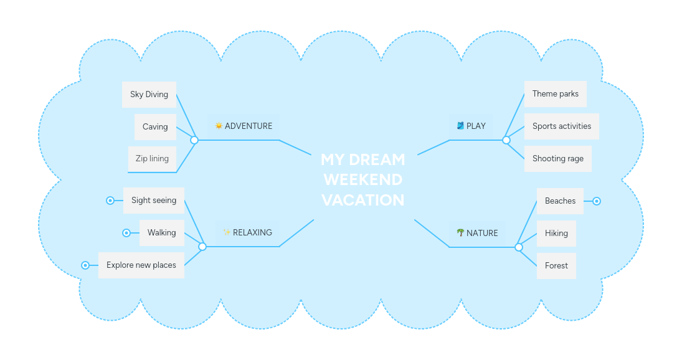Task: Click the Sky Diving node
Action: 149,95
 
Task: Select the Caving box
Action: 155,127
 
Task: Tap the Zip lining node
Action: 152,159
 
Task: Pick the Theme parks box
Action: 555,94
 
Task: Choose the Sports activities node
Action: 561,126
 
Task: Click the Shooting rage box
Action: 557,159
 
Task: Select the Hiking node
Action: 556,234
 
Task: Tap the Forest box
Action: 556,266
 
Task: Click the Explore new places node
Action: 141,265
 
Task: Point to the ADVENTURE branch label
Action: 248,126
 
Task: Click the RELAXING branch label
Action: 252,233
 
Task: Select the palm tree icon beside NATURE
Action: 460,233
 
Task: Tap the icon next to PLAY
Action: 460,126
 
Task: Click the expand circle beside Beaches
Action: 597,201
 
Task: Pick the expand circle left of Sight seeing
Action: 110,201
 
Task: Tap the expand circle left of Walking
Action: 126,233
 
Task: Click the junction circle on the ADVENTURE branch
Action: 194,140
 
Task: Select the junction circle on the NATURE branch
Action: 519,247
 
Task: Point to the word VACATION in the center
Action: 363,201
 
